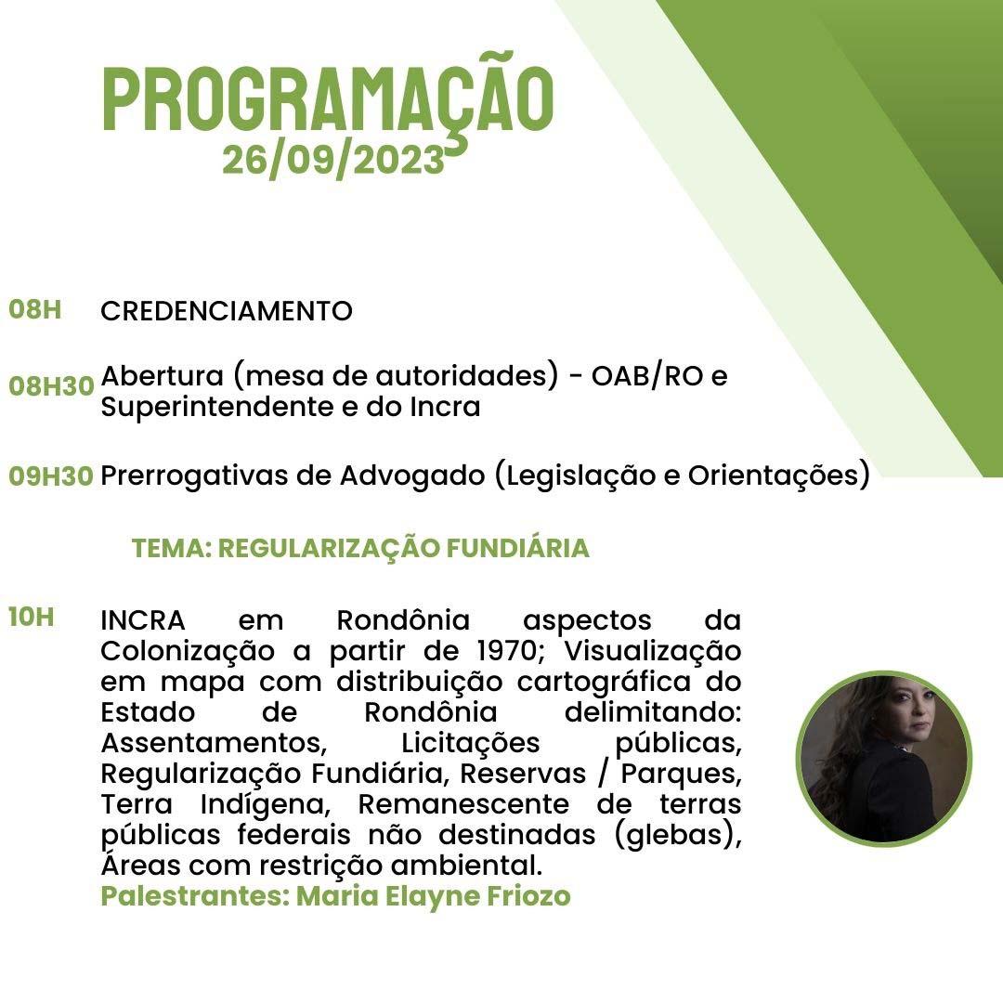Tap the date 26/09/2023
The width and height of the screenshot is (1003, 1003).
tap(333, 160)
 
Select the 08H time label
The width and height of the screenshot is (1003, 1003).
tap(35, 309)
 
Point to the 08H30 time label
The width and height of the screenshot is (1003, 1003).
tap(51, 386)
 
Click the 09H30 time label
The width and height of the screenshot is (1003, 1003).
tap(51, 475)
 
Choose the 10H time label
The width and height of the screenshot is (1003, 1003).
tap(32, 618)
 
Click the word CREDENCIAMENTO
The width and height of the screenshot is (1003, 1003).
tap(227, 311)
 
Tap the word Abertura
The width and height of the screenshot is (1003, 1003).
tap(163, 375)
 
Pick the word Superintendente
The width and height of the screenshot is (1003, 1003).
tap(216, 408)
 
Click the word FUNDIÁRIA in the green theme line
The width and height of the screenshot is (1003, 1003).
tap(517, 548)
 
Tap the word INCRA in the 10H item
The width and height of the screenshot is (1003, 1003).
tap(143, 620)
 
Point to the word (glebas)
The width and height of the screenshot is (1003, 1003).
tap(678, 836)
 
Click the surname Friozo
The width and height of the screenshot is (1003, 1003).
tap(528, 895)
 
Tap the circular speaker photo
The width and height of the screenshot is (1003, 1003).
tap(884, 759)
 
